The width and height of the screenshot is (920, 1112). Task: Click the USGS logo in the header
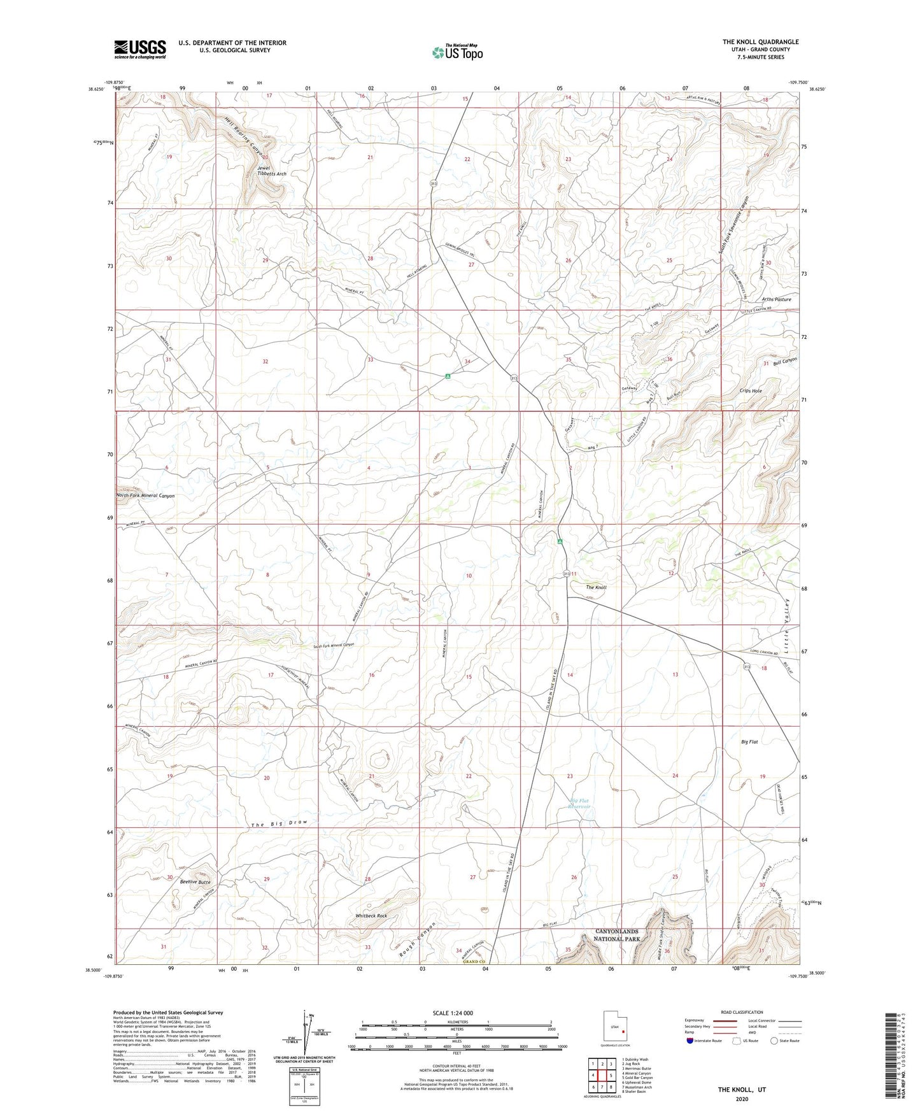pos(140,48)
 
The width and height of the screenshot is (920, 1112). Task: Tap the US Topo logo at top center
pos(457,52)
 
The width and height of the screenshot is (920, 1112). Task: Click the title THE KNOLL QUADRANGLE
pos(760,42)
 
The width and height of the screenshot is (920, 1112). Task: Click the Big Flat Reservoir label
pos(579,803)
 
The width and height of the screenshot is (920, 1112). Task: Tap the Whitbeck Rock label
pos(371,916)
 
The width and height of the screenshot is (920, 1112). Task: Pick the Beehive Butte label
pos(195,882)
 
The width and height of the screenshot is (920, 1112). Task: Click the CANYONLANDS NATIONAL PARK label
pos(616,935)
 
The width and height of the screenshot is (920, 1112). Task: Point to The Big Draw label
pos(280,823)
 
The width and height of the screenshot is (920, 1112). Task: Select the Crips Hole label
pos(751,390)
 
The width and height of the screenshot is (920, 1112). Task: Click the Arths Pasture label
pos(776,299)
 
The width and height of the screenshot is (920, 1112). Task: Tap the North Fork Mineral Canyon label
pos(145,495)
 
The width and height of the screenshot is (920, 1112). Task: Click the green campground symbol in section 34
pos(448,376)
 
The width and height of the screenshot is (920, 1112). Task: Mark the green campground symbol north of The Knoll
pos(560,542)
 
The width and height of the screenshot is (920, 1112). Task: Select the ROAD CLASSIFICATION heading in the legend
pos(741,1012)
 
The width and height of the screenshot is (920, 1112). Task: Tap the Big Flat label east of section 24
pos(749,742)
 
